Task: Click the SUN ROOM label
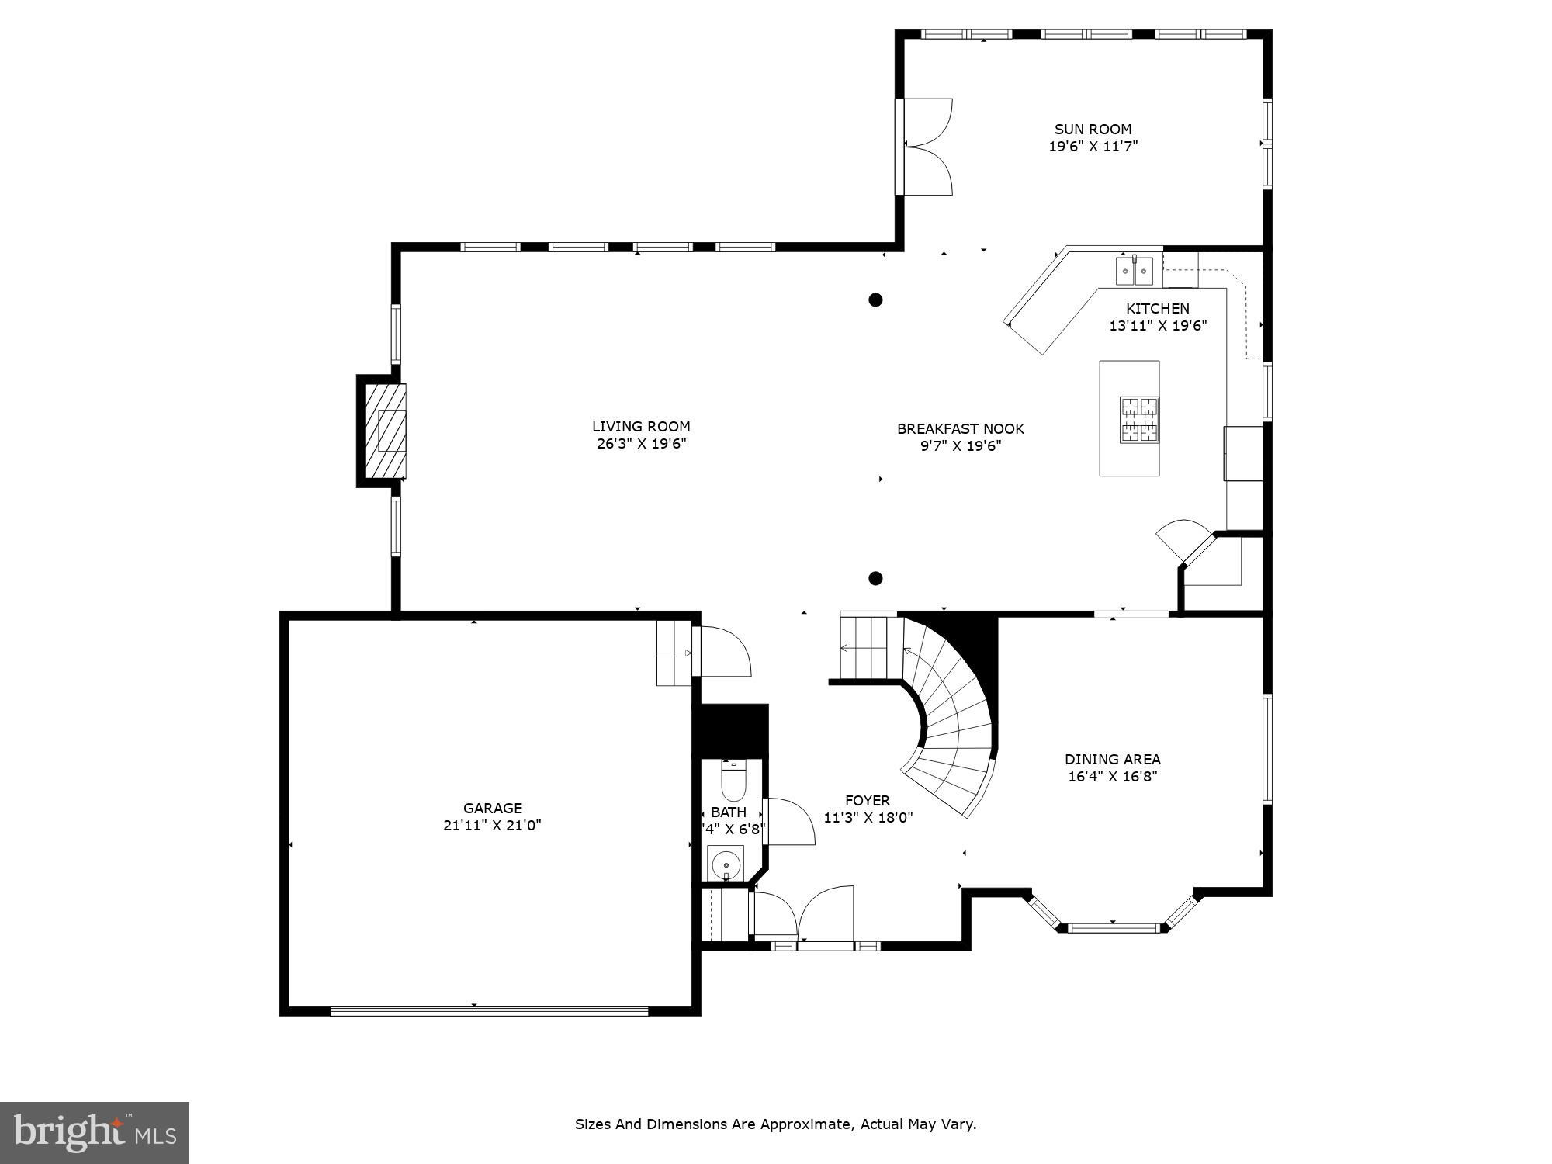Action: pyautogui.click(x=1093, y=130)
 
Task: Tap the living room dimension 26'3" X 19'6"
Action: pyautogui.click(x=642, y=444)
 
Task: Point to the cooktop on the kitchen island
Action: pyautogui.click(x=1139, y=420)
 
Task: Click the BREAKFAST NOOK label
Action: pyautogui.click(x=961, y=429)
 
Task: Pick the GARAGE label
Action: pyautogui.click(x=493, y=809)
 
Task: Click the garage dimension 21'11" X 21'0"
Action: pyautogui.click(x=493, y=826)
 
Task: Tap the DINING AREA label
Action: pyautogui.click(x=1112, y=760)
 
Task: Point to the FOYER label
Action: pyautogui.click(x=868, y=801)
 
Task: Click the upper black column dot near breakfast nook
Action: pyautogui.click(x=875, y=300)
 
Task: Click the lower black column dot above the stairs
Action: pyautogui.click(x=875, y=578)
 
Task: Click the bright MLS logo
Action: pyautogui.click(x=95, y=1133)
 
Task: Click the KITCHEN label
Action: pyautogui.click(x=1158, y=309)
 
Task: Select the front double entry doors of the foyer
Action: pyautogui.click(x=803, y=916)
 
